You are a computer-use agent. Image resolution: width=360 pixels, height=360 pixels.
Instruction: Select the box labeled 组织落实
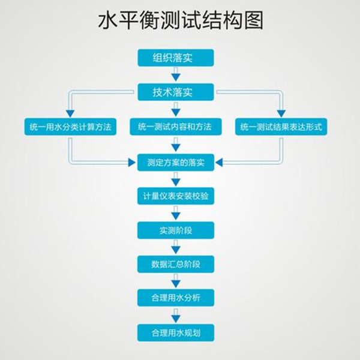point(176,58)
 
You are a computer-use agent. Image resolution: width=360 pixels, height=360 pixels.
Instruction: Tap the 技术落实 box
point(176,92)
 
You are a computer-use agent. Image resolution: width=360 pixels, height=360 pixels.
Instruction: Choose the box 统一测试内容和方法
point(176,127)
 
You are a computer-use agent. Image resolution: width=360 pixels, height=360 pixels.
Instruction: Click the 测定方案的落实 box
point(176,161)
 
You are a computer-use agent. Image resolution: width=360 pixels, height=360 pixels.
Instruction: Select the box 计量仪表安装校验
point(176,196)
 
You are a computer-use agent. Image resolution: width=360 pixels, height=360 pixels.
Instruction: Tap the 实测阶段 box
point(176,230)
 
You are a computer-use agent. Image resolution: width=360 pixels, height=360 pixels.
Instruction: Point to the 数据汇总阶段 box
point(176,263)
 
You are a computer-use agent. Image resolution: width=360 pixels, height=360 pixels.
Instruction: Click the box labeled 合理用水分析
point(176,298)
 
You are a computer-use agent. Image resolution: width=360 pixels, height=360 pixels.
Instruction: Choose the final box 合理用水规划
point(176,332)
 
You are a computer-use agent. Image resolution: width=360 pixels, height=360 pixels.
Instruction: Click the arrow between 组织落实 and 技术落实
point(176,76)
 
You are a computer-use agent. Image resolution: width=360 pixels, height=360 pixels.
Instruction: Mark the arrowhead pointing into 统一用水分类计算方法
point(70,113)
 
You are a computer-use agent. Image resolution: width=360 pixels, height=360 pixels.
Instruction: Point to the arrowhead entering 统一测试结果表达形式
point(281,113)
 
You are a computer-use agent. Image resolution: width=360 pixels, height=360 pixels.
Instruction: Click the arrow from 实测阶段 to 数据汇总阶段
point(176,247)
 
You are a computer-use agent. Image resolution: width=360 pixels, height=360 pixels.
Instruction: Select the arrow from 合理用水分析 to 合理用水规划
point(176,315)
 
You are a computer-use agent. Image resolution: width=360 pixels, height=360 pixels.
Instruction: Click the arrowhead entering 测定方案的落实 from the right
point(220,161)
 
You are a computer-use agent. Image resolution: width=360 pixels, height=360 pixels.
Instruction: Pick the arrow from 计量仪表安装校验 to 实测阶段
point(176,212)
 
